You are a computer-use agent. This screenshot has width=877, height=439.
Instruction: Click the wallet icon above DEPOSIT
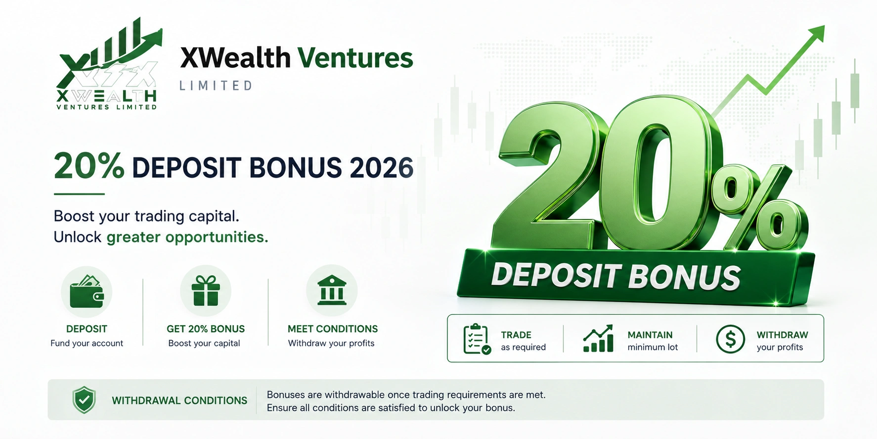point(87,292)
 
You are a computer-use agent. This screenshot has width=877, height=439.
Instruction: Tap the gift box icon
point(206,291)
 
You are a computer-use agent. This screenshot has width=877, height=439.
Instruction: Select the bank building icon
point(332,290)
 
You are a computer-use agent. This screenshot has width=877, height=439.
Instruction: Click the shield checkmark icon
point(84,400)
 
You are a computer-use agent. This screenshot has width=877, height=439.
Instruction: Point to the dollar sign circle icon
point(730,339)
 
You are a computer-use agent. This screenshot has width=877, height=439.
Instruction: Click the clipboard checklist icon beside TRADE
point(477,339)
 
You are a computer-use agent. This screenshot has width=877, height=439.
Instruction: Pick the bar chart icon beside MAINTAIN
point(598,339)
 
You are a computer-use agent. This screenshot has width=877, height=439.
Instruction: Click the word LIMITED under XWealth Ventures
point(216,86)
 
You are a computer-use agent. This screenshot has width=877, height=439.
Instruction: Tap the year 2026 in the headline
point(381,168)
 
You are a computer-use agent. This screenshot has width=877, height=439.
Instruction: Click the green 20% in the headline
point(89,165)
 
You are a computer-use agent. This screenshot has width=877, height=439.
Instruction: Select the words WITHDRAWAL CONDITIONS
point(179,400)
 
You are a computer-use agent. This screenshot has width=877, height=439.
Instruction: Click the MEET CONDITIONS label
point(333,329)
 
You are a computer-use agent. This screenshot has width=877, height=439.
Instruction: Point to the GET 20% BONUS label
point(206,329)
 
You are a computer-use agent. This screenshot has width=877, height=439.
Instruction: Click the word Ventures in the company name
point(355,58)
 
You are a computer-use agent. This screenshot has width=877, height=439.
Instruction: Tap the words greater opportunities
point(187,237)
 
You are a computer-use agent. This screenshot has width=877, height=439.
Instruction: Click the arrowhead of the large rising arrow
point(816,33)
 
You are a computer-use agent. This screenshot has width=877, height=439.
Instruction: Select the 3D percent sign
point(760,208)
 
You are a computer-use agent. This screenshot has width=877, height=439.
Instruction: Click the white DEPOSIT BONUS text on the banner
point(616,276)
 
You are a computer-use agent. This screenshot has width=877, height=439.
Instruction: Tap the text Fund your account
point(87,343)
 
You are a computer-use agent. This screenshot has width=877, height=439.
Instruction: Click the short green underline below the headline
point(79,194)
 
